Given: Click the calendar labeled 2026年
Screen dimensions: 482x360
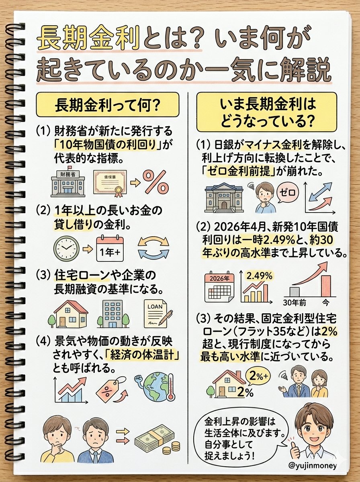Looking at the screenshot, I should point(220,286).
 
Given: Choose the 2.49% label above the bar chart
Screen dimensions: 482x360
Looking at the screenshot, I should point(259,276).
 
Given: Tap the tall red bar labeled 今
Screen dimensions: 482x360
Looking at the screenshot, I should point(325,286).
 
